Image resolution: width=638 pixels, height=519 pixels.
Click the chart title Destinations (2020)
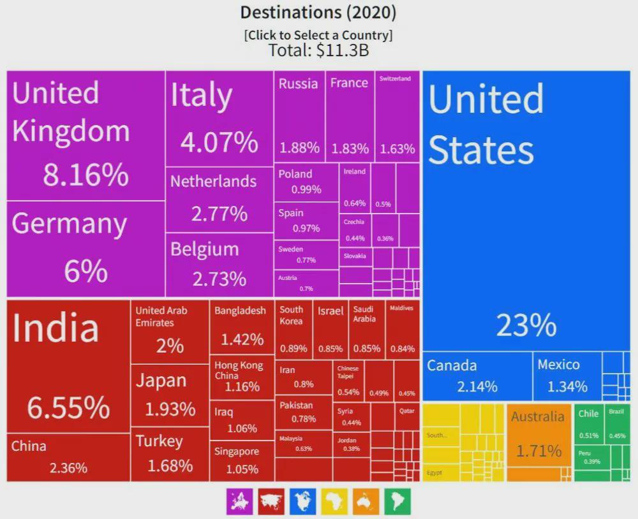point(318,12)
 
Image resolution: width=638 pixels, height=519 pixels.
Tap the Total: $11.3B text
point(318,50)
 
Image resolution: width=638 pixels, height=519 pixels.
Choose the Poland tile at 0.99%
point(306,182)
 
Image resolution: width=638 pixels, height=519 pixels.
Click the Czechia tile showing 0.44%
point(355,230)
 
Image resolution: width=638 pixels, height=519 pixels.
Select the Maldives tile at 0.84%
point(402,329)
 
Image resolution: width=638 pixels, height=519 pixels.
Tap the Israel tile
point(331,329)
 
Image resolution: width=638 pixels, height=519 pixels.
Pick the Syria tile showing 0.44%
point(351,416)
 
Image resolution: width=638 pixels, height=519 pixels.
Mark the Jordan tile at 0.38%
point(351,444)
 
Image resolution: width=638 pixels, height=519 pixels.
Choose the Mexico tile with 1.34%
point(567,376)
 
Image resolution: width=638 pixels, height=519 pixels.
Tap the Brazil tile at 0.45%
point(617,423)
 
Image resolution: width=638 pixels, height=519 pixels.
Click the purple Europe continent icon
point(239,502)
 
